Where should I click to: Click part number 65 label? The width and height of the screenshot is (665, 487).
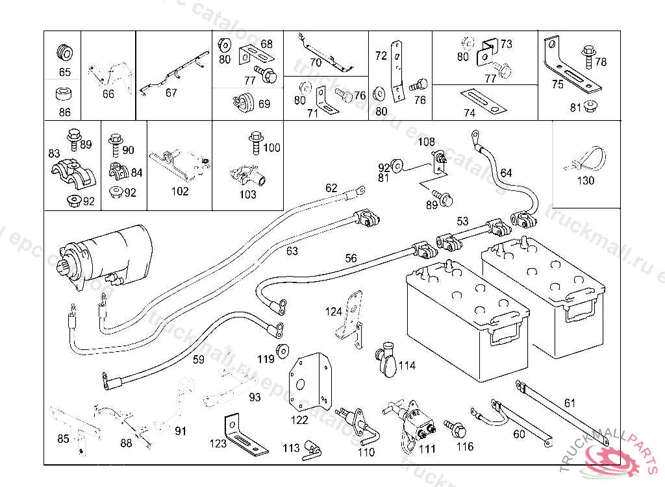coord(64,72)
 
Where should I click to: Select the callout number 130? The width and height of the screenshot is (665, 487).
coord(586,181)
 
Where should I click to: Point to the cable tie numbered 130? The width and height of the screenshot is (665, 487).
coord(588,158)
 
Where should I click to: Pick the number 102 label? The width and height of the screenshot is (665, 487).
coord(180,192)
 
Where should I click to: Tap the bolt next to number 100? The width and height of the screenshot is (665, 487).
coord(255,142)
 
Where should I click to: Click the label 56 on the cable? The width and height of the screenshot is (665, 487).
coord(351,258)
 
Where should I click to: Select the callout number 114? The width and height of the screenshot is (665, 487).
coord(407,366)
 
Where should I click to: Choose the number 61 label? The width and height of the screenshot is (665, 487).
coord(570,403)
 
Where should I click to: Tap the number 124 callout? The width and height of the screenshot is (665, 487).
coord(334,312)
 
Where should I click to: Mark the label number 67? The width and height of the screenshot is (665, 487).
coord(171,93)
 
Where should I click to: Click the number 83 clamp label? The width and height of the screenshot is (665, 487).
coord(54,153)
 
